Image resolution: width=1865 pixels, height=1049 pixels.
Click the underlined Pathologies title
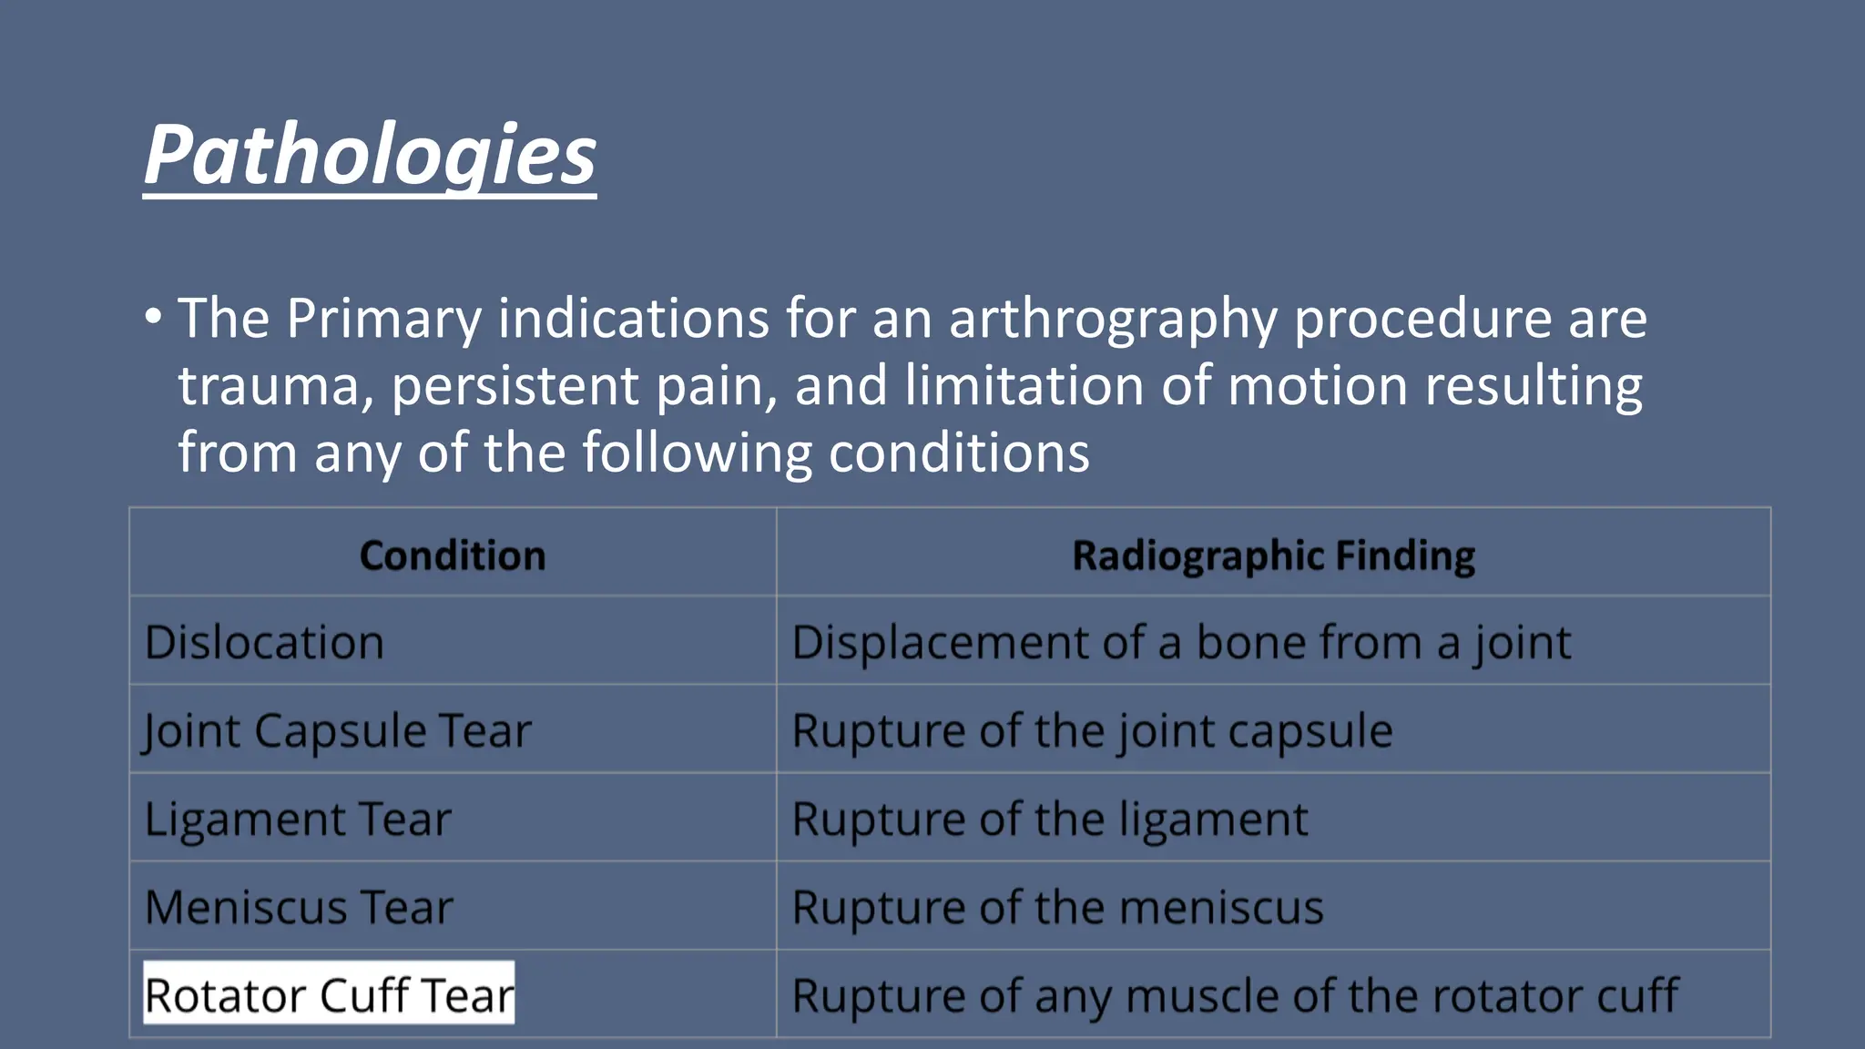click(x=370, y=155)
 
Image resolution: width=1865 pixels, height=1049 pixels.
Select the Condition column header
click(x=453, y=555)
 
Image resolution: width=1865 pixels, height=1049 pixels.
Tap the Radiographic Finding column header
click(x=1273, y=555)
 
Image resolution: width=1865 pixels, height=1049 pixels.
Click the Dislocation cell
click(x=264, y=642)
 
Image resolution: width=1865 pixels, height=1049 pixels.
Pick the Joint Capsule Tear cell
click(x=337, y=730)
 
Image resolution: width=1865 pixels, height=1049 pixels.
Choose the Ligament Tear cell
click(x=298, y=819)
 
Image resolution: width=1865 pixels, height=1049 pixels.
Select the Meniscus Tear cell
click(x=299, y=907)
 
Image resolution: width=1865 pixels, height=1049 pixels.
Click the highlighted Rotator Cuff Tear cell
click(x=329, y=994)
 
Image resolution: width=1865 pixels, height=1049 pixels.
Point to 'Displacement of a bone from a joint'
click(x=1181, y=642)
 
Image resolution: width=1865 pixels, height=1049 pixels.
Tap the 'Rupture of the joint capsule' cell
click(x=1092, y=730)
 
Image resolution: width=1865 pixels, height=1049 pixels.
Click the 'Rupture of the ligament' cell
click(x=1049, y=819)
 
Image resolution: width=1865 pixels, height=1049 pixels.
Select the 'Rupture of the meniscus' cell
click(x=1057, y=907)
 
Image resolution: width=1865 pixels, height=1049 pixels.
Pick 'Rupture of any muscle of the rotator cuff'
click(x=1234, y=994)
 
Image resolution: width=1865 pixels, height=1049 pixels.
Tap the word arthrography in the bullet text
click(x=1112, y=319)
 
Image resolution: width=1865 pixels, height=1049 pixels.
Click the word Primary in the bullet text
click(x=383, y=319)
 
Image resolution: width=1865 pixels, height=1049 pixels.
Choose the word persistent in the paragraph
click(x=515, y=386)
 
